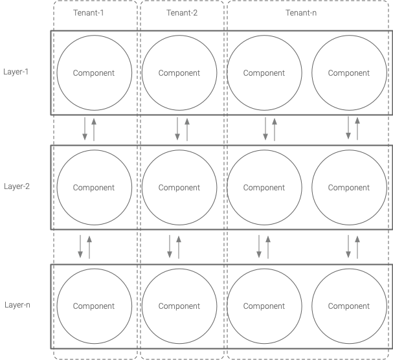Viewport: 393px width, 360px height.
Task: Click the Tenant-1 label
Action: click(89, 12)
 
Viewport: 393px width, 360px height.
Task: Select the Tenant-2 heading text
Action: click(182, 12)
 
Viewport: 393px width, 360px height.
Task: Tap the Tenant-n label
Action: click(301, 12)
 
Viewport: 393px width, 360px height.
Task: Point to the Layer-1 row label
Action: click(16, 72)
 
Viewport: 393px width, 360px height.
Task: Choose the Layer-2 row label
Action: click(17, 186)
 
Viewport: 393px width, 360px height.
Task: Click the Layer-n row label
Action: click(17, 305)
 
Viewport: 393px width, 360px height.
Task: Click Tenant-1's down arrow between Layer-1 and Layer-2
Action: click(85, 129)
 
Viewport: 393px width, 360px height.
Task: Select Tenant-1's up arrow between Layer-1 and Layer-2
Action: click(94, 129)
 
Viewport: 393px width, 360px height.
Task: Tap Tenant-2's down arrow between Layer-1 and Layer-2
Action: click(177, 129)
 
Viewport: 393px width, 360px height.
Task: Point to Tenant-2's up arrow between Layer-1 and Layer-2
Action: click(187, 129)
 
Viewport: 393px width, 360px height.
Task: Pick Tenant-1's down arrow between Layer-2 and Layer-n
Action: click(80, 246)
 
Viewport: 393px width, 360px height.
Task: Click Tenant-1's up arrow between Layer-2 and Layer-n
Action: click(89, 247)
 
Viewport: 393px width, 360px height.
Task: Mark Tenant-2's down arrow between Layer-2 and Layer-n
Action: click(170, 246)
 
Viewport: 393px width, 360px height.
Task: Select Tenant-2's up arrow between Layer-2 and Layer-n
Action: click(179, 247)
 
